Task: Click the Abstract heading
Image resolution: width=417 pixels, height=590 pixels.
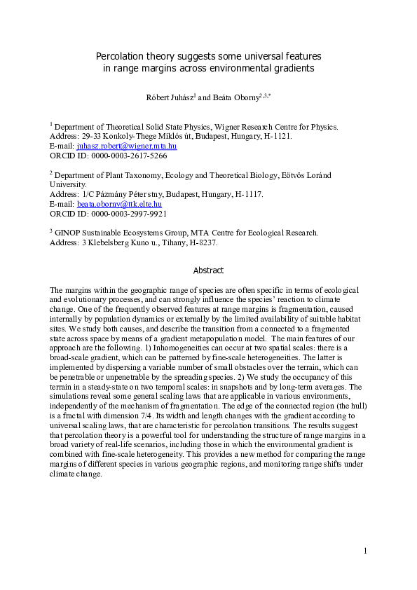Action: (208, 270)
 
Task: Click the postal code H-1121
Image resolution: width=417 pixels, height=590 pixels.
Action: (275, 136)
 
